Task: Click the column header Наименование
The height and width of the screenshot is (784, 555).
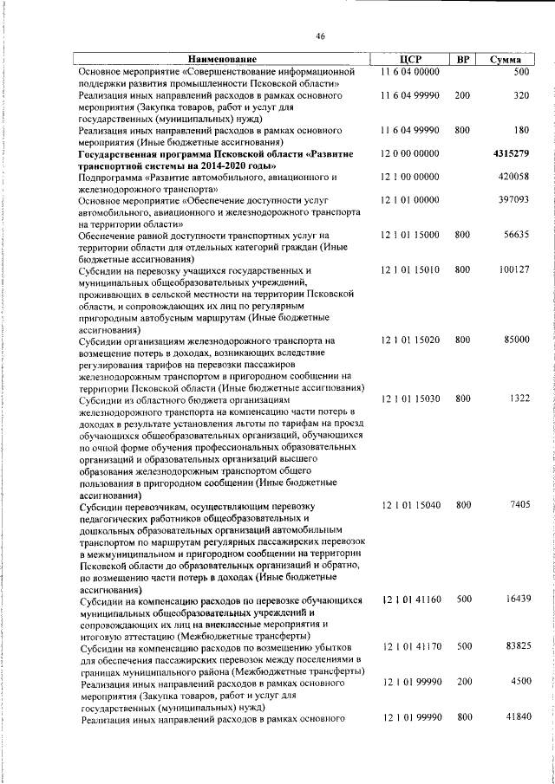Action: pyautogui.click(x=225, y=60)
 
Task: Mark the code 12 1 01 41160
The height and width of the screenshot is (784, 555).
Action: pyautogui.click(x=409, y=599)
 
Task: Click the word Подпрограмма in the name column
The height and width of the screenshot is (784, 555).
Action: pyautogui.click(x=109, y=177)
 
